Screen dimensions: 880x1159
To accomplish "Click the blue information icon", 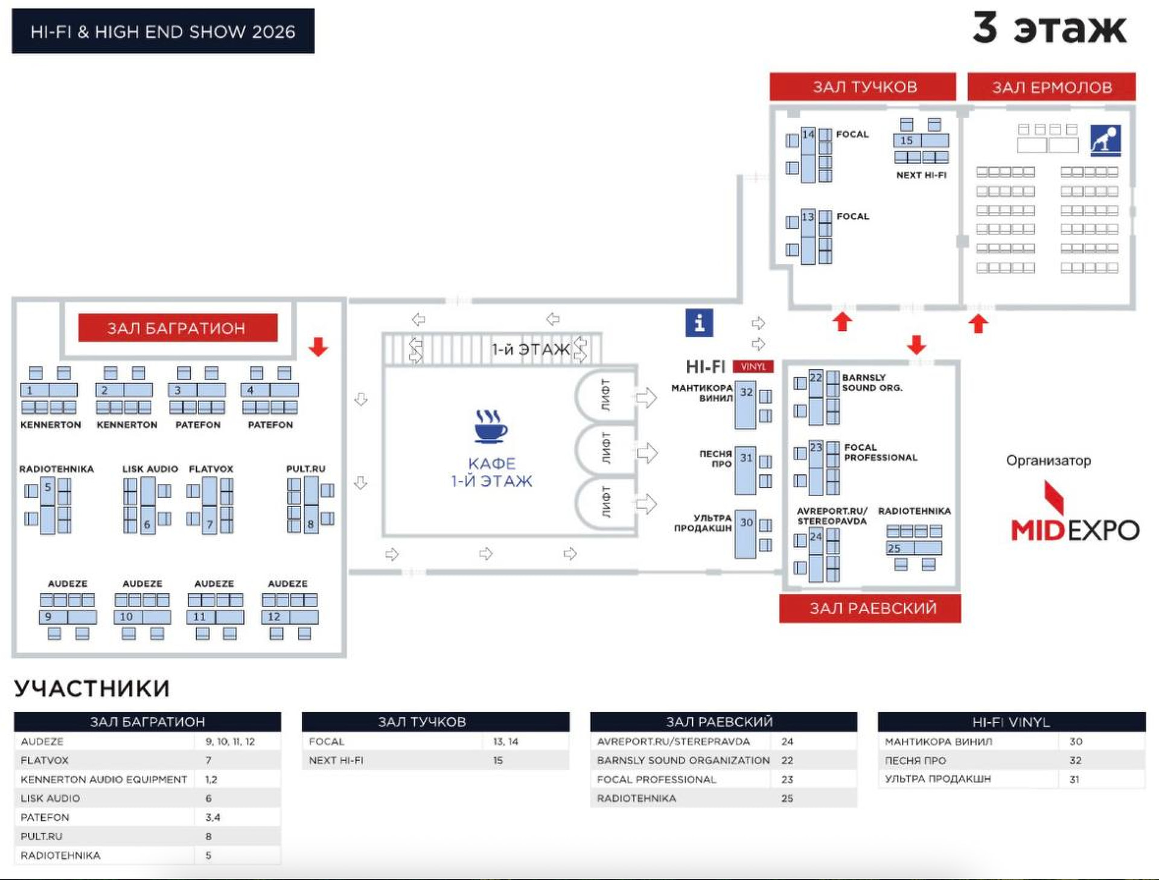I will tap(699, 323).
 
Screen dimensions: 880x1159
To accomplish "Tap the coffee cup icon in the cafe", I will tap(491, 426).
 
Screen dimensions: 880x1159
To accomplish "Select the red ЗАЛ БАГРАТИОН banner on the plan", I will tap(177, 328).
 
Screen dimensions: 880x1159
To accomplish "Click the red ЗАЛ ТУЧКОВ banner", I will tap(863, 87).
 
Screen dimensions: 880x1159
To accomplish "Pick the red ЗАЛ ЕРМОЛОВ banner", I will tap(1052, 87).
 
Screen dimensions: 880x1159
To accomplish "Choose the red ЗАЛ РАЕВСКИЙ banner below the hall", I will tap(870, 608).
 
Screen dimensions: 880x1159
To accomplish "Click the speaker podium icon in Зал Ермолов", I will tap(1105, 141).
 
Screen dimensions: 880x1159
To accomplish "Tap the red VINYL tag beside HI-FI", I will tap(753, 366).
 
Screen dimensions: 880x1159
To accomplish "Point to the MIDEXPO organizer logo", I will tap(1074, 513).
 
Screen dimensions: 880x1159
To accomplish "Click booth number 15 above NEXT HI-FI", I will tap(907, 141).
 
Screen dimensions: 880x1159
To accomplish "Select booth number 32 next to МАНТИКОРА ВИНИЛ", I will tap(746, 392).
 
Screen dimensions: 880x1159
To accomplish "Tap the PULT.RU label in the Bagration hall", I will tap(305, 469).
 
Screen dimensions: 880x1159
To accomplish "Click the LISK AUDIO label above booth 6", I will tap(150, 469).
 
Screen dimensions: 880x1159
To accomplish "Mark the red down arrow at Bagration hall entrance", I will tap(318, 347).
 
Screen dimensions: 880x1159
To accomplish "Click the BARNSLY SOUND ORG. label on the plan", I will tap(872, 383).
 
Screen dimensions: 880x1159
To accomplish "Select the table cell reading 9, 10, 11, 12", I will tap(230, 742).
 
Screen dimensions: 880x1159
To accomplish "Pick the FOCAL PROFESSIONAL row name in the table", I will tap(656, 779).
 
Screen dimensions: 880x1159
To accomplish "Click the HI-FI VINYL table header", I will tap(1011, 722).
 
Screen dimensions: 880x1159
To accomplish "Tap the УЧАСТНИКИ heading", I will tap(92, 689).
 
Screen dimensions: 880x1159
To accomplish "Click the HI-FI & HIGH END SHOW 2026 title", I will tap(163, 31).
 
